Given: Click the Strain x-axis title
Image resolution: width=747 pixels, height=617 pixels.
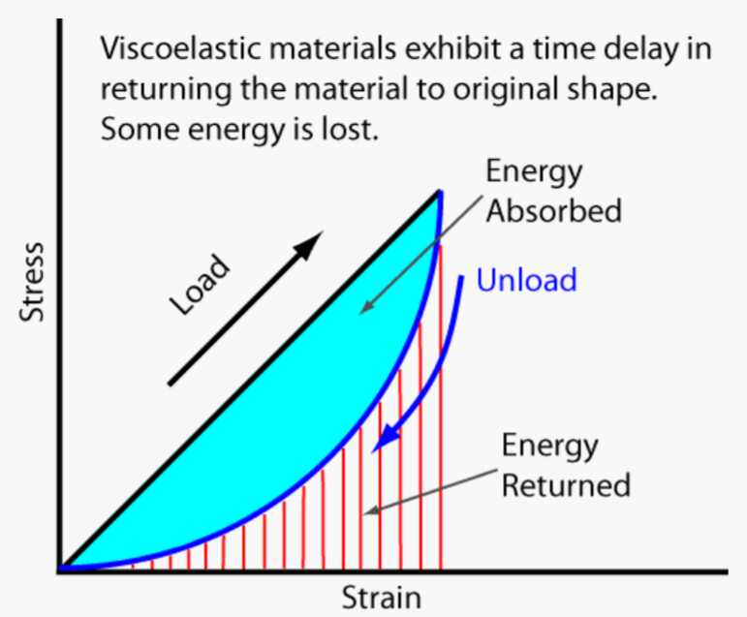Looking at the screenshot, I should (x=381, y=598).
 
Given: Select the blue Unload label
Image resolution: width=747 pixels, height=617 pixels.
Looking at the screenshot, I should (x=526, y=281).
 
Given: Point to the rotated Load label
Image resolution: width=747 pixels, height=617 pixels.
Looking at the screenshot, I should (x=202, y=284).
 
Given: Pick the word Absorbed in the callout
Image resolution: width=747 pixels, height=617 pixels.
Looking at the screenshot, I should (x=553, y=210).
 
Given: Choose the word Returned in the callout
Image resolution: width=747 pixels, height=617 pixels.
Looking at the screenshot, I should (x=566, y=483).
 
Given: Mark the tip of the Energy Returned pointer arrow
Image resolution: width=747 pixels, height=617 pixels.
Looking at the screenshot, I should (x=360, y=514).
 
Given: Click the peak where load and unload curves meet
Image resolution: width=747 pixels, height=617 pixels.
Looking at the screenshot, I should (x=441, y=191).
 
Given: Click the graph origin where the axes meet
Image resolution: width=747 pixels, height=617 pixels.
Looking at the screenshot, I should (x=60, y=570).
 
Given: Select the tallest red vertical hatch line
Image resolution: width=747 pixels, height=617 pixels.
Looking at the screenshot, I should (x=441, y=407).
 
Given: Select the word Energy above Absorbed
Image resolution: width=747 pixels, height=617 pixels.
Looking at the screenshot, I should (x=534, y=172).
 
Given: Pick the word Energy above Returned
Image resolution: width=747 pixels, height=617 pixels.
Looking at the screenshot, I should (x=549, y=447).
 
